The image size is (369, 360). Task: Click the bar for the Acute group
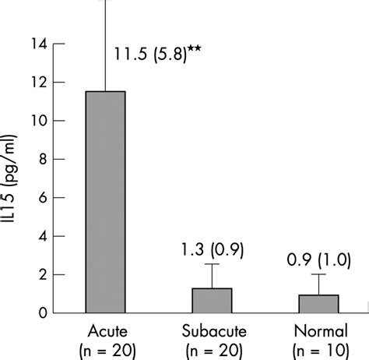[105, 202]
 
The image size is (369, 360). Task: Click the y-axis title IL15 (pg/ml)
[12, 179]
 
